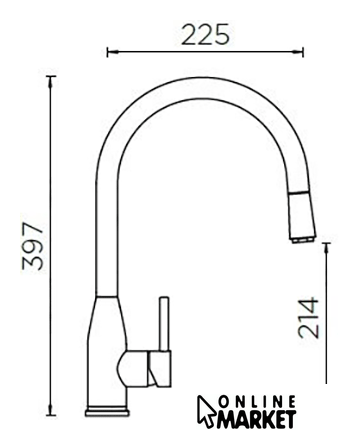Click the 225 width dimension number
(206, 35)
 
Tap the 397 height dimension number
(33, 246)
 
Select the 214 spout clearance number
(309, 318)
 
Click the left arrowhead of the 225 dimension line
(113, 52)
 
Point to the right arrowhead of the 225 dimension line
(297, 52)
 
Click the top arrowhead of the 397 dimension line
(50, 82)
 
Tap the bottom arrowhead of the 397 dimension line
(50, 410)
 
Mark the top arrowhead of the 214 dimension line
(326, 249)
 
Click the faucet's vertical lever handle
(164, 324)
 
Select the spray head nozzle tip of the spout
(303, 240)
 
